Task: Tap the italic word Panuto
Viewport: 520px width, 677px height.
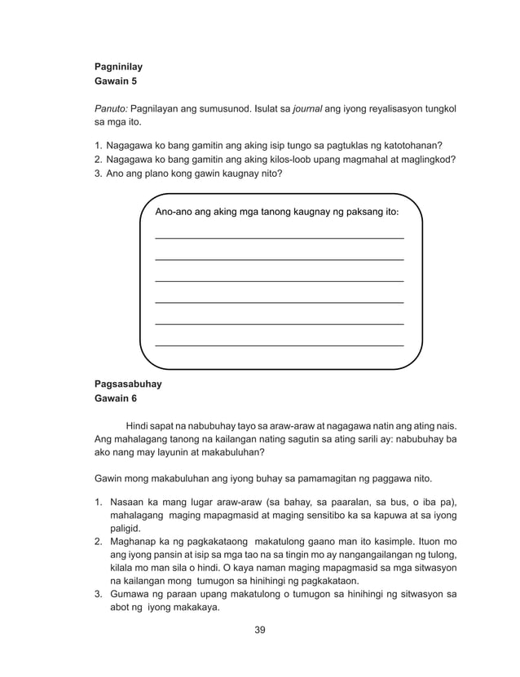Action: pos(110,108)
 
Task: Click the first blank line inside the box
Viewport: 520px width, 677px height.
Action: pos(279,237)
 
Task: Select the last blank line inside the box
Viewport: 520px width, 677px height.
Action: pos(279,345)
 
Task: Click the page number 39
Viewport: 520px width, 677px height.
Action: pos(260,629)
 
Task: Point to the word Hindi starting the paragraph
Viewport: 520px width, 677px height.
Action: pos(139,424)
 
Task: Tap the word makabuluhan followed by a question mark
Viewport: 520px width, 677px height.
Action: pos(231,453)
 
